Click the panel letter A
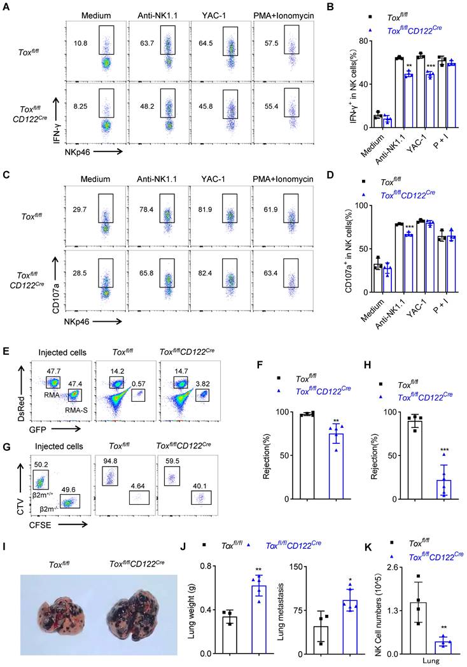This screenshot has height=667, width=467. click(5, 6)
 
